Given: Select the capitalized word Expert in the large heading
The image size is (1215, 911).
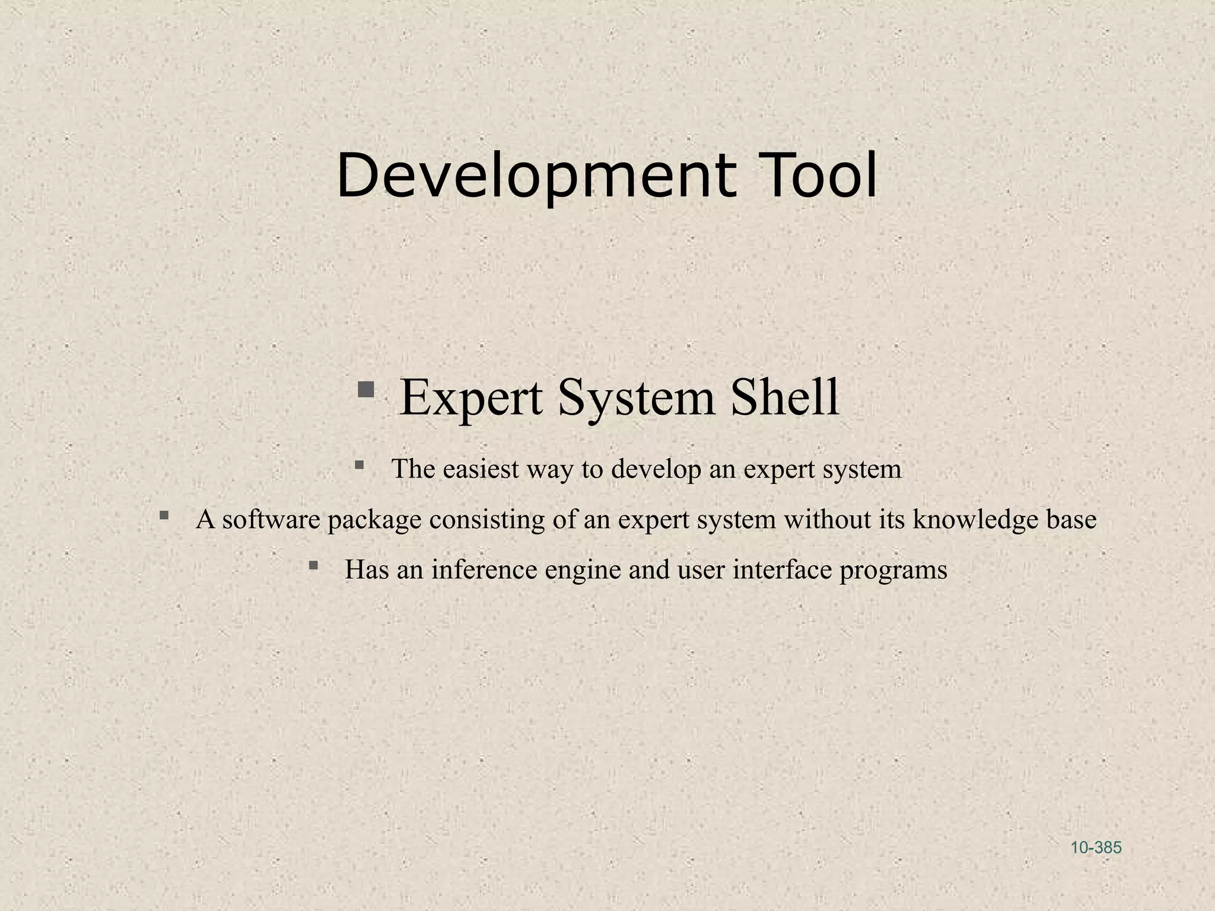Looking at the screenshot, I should click(x=471, y=397).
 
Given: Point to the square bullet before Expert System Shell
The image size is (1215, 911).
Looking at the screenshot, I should click(x=366, y=390).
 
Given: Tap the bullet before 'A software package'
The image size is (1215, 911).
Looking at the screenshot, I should click(x=164, y=515).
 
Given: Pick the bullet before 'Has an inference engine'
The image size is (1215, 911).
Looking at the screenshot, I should click(x=313, y=565).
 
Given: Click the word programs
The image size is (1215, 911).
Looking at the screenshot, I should click(x=893, y=571).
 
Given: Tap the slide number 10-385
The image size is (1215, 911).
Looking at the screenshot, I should click(x=1096, y=848).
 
